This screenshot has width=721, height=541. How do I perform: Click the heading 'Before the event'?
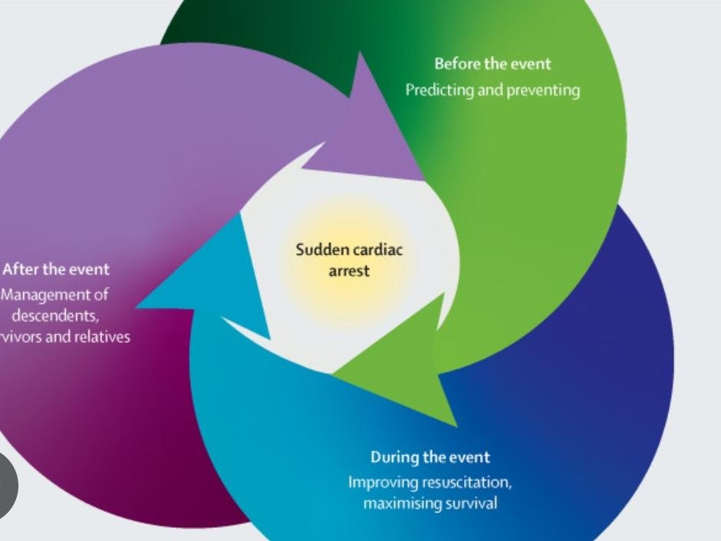tap(492, 64)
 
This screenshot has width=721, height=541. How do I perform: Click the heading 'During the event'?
tap(430, 457)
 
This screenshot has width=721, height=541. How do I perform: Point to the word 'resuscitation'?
tap(463, 483)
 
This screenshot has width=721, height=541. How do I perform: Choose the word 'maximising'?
tap(397, 504)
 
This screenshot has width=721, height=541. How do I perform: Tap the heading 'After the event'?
tap(55, 269)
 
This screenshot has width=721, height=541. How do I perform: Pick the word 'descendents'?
tap(54, 316)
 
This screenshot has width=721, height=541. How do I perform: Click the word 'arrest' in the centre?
tap(349, 271)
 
